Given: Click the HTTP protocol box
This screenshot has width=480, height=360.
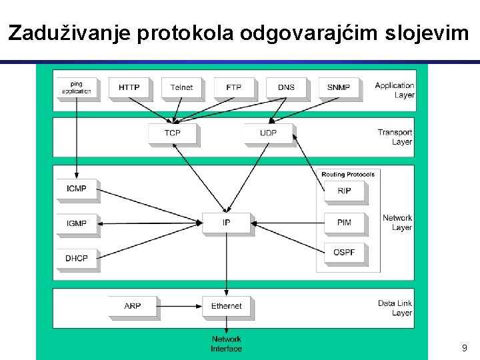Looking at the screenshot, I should (x=129, y=87).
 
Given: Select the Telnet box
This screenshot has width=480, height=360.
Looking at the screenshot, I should (x=181, y=87).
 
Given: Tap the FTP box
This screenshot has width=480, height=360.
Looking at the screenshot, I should (x=233, y=87).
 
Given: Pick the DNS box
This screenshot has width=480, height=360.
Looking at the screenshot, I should (x=286, y=87).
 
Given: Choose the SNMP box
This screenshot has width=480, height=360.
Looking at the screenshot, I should (x=339, y=87).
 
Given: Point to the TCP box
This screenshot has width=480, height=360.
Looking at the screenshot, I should (x=172, y=133).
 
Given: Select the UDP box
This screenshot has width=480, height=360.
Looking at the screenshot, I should (x=268, y=133).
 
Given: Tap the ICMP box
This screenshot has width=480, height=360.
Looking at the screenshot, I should (x=77, y=189).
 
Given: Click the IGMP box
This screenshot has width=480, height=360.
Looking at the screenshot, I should (x=77, y=223).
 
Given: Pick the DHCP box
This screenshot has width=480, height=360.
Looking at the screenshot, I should (x=77, y=258).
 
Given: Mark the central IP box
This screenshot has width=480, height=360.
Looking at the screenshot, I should (x=226, y=223).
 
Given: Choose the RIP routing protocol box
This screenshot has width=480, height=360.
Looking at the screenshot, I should (x=345, y=191).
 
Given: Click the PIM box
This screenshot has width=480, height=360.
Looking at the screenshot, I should (x=345, y=223).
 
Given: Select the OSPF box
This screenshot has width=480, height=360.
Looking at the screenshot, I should (x=345, y=252).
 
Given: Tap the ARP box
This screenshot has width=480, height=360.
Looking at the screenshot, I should (x=132, y=306).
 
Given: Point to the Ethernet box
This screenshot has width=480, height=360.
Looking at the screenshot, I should (x=226, y=306).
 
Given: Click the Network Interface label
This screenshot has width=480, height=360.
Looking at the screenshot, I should (x=226, y=344).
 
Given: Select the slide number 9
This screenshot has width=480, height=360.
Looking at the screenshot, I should (x=464, y=348).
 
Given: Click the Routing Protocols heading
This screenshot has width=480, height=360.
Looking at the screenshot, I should (x=348, y=175).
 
